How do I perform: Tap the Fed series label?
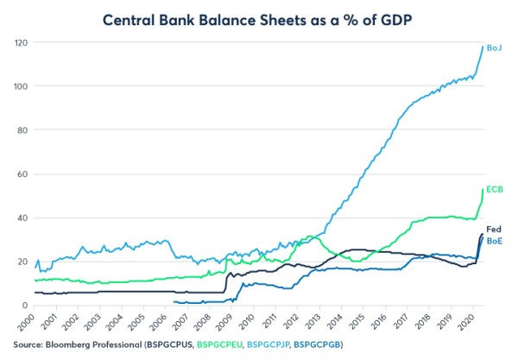[496, 230]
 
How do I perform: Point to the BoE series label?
[496, 243]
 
